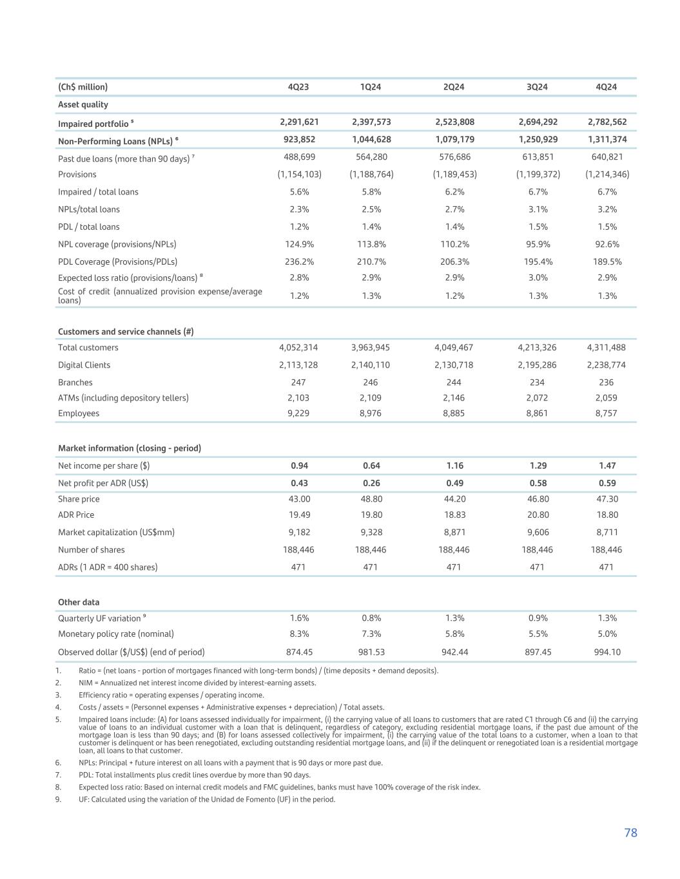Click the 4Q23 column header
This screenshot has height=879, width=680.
point(298,87)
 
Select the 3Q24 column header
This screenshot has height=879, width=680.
point(537,87)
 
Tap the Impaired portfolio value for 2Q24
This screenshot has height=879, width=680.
point(454,122)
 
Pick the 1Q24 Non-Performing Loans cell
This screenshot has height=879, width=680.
point(371,139)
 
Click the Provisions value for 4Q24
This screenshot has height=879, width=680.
point(607,175)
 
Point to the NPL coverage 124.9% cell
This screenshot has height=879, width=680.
point(298,244)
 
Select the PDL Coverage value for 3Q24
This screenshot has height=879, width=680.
point(537,261)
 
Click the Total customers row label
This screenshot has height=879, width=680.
point(88,348)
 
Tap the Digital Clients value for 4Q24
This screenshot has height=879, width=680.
point(607,365)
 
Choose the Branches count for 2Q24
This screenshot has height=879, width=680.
point(454,383)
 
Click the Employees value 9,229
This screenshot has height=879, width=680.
point(298,413)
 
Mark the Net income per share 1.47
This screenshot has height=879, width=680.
point(607,466)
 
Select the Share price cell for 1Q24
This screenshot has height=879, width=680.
point(371,499)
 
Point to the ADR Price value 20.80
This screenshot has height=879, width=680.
point(537,515)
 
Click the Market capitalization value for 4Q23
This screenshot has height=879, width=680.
point(298,533)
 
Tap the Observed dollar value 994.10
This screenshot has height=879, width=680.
point(607,652)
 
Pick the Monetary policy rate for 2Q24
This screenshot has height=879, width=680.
point(454,634)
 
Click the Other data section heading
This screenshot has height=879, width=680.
point(79,603)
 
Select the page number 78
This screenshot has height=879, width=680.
point(630,833)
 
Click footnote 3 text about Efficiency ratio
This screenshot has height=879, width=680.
point(171,695)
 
